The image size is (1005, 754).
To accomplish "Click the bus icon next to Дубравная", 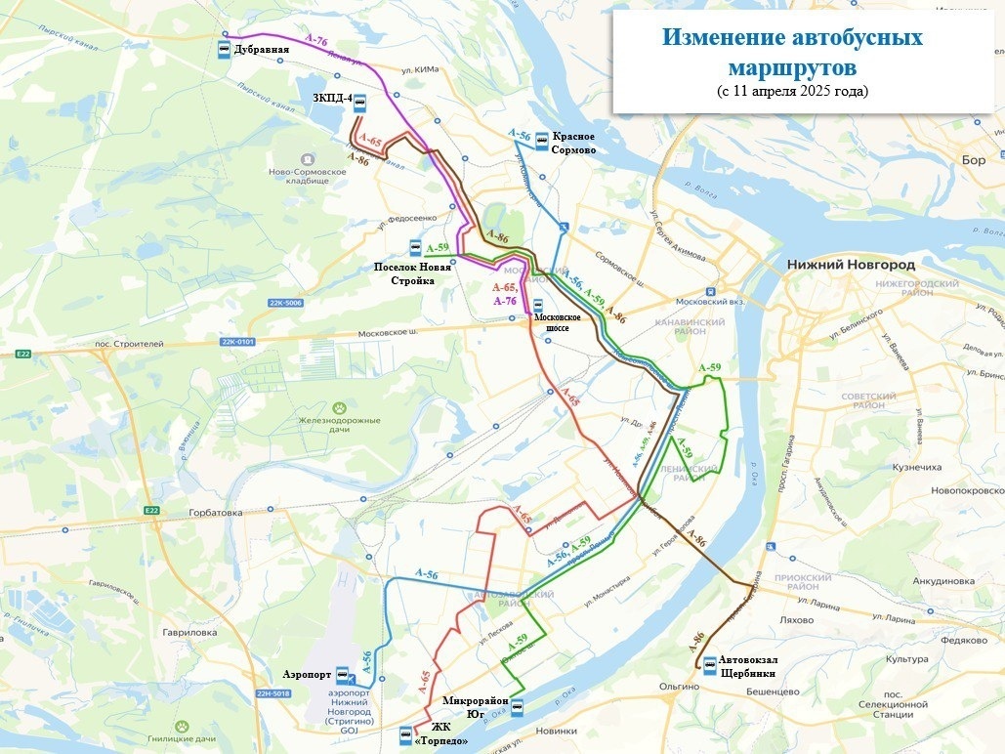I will (224, 50).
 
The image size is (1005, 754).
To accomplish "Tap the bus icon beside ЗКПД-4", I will (360, 101).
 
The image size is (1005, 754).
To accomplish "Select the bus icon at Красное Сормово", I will (541, 142).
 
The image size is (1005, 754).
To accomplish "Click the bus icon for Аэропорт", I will (342, 675).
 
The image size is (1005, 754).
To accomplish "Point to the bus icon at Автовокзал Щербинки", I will (708, 666).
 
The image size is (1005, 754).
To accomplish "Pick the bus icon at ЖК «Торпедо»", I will (405, 735).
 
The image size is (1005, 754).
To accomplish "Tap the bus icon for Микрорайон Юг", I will (517, 707).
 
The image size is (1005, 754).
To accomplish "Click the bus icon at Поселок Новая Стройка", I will (415, 248).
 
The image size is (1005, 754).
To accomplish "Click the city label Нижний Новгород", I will (850, 265).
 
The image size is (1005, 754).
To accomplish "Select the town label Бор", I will (974, 159).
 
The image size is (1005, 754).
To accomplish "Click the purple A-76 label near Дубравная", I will (315, 40).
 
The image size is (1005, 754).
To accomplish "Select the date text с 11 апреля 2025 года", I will (791, 91).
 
